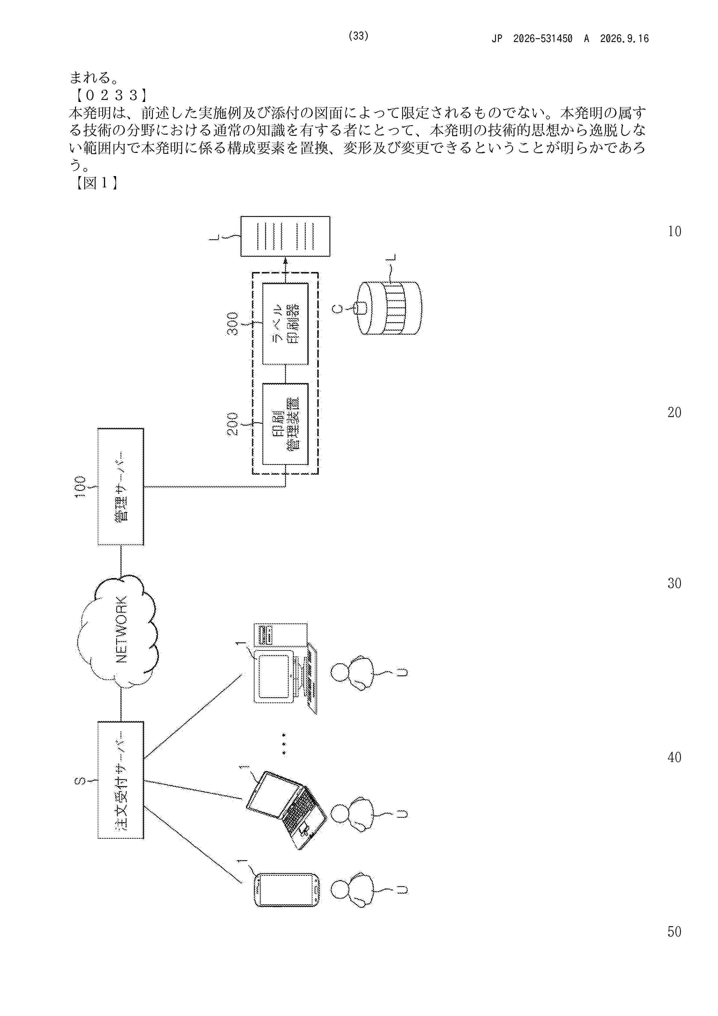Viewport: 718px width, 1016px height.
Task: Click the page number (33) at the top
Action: click(358, 36)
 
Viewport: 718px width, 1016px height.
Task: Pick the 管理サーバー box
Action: click(121, 486)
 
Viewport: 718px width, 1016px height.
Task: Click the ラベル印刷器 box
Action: click(285, 324)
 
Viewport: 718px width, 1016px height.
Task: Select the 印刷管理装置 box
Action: click(285, 424)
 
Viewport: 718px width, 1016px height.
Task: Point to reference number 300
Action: click(233, 324)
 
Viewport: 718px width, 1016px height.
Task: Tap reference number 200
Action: click(233, 424)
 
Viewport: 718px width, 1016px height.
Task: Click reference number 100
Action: click(80, 487)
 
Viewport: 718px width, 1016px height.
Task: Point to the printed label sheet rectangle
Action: click(285, 236)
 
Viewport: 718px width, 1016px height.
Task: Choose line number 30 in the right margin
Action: click(674, 583)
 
